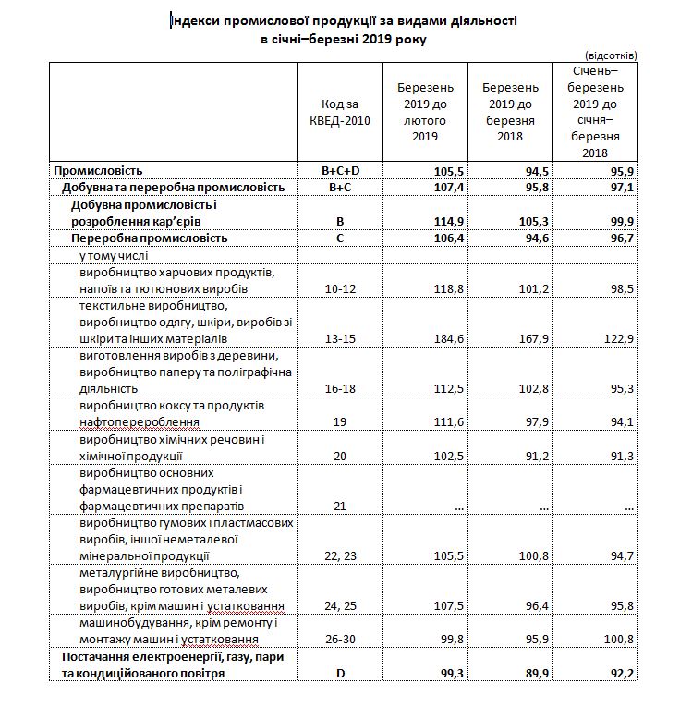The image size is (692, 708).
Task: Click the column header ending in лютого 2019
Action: (x=424, y=111)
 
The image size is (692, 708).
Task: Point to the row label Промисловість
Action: (x=99, y=171)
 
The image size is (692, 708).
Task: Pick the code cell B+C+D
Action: (x=339, y=171)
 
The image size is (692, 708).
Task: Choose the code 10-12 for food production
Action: (x=339, y=289)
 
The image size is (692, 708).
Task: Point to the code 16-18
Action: (x=339, y=389)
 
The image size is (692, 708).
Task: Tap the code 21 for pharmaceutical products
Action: (x=339, y=507)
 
